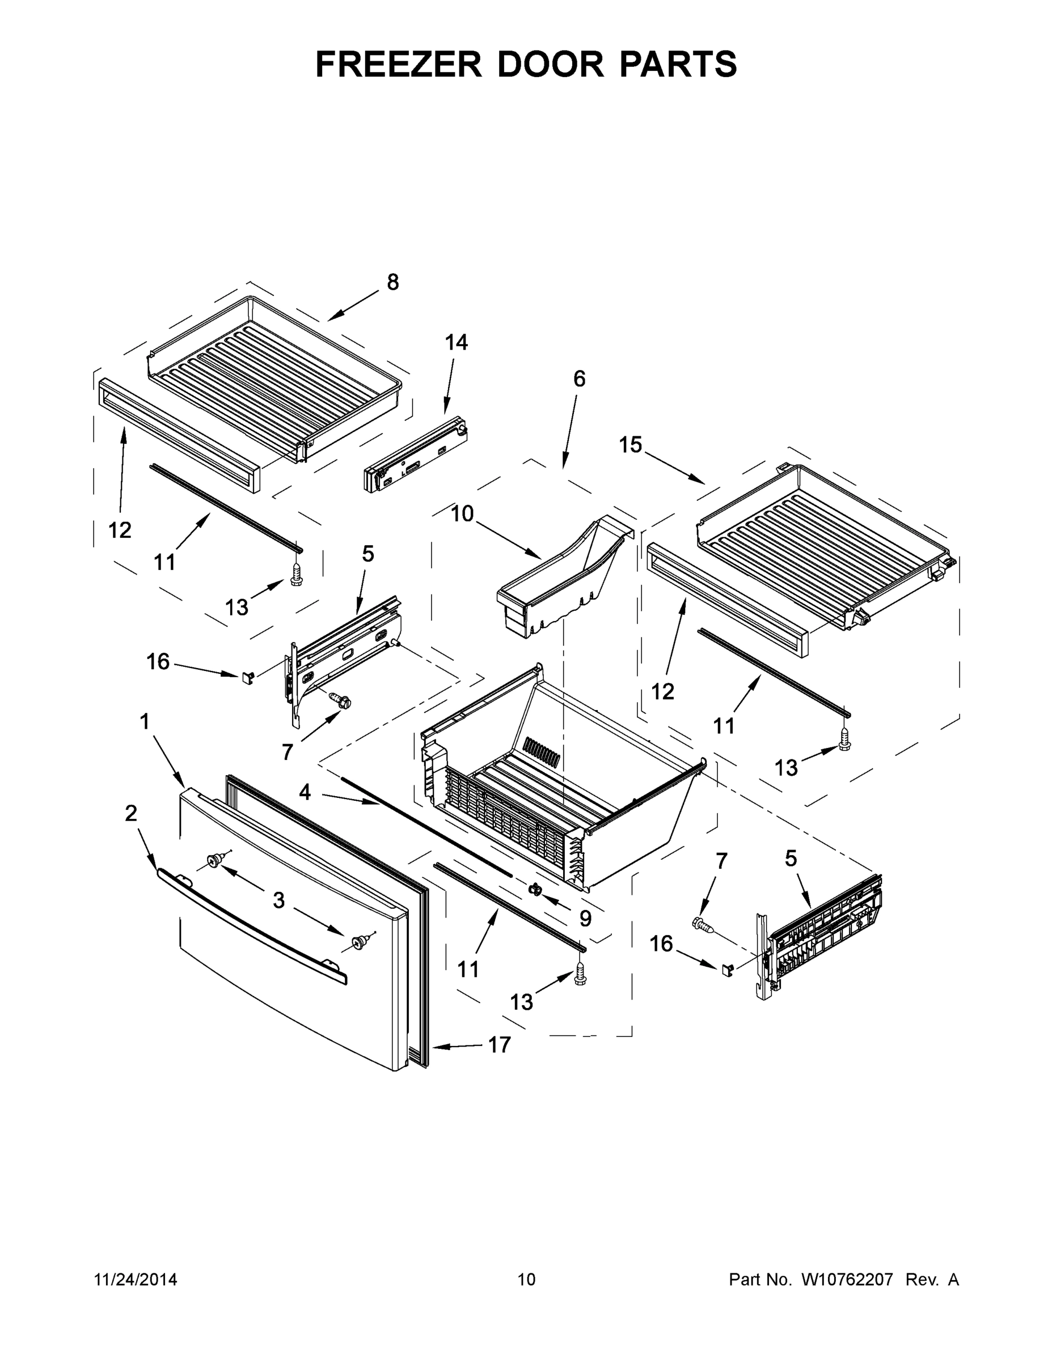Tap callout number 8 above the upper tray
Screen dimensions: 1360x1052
[x=392, y=282]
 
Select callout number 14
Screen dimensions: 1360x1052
[x=456, y=342]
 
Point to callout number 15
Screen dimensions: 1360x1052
[x=630, y=445]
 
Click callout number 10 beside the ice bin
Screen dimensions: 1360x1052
[x=462, y=514]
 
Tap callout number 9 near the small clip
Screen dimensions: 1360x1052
[x=585, y=918]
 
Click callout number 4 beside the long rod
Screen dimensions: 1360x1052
[x=305, y=792]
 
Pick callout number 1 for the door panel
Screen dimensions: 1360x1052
[x=145, y=722]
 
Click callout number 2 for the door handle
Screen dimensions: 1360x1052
[x=131, y=813]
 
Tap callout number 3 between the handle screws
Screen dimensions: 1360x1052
[x=278, y=900]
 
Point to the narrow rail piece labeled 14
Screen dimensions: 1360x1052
[x=416, y=459]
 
